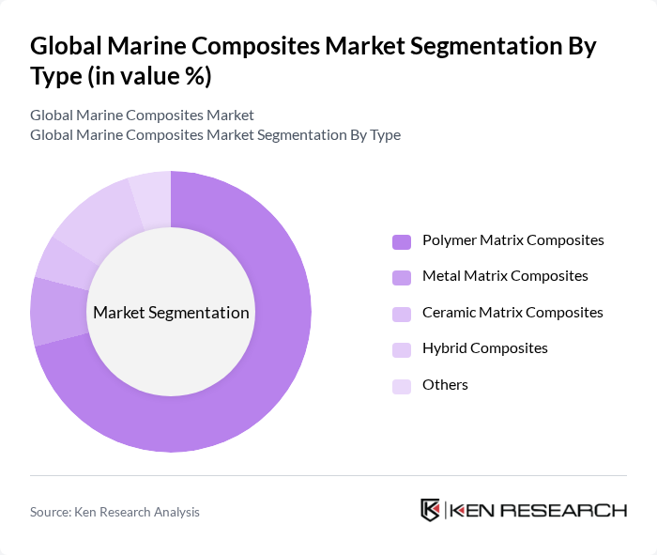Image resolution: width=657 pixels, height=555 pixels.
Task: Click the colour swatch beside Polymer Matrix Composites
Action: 402,241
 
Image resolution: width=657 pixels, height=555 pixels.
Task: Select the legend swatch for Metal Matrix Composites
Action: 402,277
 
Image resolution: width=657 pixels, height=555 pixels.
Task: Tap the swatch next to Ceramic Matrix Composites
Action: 402,314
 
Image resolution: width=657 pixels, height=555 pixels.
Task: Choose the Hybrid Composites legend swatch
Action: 402,349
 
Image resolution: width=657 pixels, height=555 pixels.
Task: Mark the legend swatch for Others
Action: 402,386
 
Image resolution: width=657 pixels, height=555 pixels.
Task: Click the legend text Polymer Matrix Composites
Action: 512,240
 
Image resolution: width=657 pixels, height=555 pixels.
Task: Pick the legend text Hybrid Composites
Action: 484,348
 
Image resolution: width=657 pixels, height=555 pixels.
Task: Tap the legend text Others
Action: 445,385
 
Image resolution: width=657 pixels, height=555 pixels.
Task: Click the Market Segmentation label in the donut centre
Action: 171,313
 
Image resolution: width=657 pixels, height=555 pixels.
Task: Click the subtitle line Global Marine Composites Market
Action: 142,116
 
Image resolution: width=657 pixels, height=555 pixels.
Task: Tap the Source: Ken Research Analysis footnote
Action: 115,512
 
